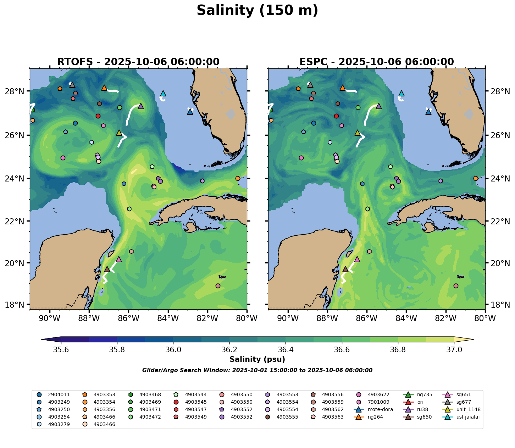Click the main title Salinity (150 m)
click(257, 11)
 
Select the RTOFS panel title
click(138, 62)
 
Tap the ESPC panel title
click(376, 62)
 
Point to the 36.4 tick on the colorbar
click(286, 350)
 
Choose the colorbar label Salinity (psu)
click(257, 359)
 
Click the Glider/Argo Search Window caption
click(257, 370)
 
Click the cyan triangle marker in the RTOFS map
click(163, 94)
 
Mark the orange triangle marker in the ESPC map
click(342, 88)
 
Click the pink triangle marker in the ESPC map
click(357, 259)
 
